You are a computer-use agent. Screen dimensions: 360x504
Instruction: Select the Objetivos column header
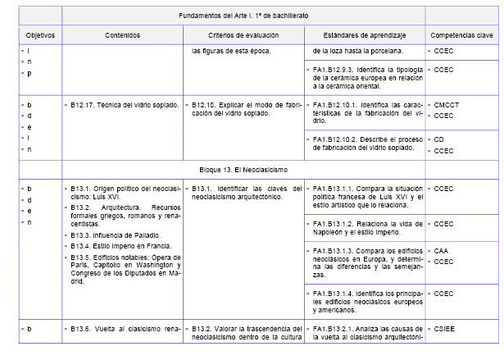click(34, 36)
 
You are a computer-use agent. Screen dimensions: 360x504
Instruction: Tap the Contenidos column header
click(122, 36)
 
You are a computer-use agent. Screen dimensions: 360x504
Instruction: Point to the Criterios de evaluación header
click(243, 36)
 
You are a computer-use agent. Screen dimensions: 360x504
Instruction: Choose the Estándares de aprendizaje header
click(364, 36)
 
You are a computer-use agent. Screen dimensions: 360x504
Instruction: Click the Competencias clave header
click(461, 36)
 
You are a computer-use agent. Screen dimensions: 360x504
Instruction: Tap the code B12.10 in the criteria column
click(206, 106)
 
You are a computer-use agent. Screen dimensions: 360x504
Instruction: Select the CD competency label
click(439, 139)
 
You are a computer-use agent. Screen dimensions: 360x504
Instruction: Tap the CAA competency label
click(441, 251)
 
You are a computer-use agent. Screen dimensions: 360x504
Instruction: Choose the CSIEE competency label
click(444, 329)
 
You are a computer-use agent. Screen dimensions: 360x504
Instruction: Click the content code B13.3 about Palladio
click(83, 235)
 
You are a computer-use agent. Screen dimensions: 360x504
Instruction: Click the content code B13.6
click(83, 329)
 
